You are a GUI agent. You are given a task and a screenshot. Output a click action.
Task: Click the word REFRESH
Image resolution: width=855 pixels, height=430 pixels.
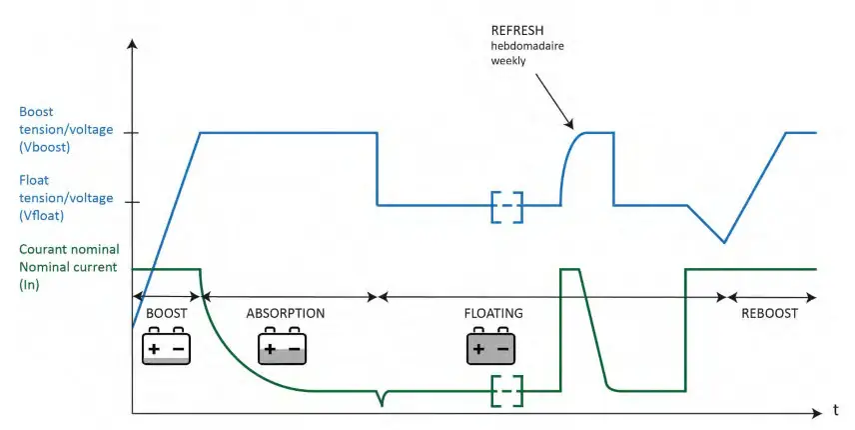(517, 31)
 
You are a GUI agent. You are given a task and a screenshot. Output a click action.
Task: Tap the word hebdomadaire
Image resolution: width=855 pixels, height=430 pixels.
(527, 46)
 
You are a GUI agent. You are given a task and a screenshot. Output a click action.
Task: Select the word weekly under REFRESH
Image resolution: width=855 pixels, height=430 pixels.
(508, 61)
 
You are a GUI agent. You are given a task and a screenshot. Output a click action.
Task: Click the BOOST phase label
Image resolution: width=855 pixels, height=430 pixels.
(167, 313)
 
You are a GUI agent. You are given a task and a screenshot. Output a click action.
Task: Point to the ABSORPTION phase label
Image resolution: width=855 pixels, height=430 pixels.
(286, 313)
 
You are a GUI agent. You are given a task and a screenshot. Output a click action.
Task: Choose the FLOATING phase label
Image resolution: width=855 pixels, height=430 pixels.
(493, 313)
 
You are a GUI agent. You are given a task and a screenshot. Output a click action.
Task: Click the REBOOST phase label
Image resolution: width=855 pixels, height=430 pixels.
(769, 313)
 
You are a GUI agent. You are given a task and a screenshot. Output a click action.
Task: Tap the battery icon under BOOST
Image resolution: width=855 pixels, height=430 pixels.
(167, 345)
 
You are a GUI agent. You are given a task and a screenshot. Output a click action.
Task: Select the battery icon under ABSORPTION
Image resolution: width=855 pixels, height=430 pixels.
(282, 345)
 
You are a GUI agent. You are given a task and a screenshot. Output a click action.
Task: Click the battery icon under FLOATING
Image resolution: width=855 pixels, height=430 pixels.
(490, 345)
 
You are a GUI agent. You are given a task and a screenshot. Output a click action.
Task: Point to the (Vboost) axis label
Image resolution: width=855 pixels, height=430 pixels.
(45, 147)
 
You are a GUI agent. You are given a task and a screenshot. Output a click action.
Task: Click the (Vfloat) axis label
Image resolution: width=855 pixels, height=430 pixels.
(41, 216)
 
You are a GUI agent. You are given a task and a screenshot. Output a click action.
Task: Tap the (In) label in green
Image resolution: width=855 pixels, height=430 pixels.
(29, 284)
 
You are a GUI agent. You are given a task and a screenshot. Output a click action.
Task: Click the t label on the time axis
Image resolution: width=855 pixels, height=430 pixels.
(835, 410)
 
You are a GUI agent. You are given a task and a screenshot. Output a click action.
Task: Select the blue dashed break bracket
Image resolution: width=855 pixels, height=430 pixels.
(507, 207)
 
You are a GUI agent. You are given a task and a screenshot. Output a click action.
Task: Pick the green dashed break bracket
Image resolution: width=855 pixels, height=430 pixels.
(507, 391)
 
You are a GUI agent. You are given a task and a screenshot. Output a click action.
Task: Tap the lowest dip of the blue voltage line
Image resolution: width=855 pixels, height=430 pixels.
(724, 242)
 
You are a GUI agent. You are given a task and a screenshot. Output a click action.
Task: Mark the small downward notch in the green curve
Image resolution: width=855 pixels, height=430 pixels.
(382, 402)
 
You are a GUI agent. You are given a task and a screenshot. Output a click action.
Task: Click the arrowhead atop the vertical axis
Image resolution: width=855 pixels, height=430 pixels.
(133, 43)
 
